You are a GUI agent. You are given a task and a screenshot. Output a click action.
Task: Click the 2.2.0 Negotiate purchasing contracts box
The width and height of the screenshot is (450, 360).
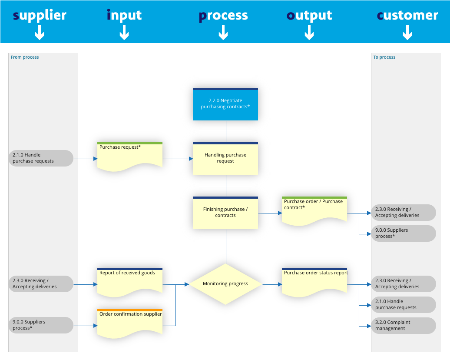click(x=225, y=104)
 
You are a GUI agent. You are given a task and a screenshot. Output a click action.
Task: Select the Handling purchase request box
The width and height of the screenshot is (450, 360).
click(x=225, y=159)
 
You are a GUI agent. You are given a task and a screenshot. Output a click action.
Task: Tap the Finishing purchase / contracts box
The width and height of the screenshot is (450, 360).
click(x=225, y=213)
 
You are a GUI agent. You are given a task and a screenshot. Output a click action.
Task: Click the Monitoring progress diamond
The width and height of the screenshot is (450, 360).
click(x=225, y=284)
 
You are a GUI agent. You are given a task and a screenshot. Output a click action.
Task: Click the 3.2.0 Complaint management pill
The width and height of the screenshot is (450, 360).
click(x=403, y=326)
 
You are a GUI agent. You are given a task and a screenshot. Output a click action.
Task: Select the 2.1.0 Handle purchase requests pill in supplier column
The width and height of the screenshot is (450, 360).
click(x=41, y=158)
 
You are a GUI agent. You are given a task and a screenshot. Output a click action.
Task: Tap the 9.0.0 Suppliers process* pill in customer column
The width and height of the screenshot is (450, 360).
click(x=403, y=233)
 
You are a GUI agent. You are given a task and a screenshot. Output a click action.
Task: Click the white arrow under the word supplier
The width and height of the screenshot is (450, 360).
click(x=40, y=33)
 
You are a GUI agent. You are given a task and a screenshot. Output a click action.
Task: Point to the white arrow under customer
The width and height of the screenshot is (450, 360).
click(x=407, y=33)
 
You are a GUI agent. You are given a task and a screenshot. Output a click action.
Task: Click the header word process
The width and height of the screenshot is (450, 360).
click(x=223, y=16)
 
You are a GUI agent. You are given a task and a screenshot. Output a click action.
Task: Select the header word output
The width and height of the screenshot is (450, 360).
click(x=309, y=16)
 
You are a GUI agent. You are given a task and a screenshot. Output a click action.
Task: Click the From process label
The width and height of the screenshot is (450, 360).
click(x=25, y=57)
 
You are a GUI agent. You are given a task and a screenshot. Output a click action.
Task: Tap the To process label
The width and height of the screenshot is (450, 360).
click(x=384, y=57)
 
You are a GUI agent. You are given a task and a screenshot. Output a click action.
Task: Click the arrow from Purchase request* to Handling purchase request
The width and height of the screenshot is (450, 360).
click(x=178, y=159)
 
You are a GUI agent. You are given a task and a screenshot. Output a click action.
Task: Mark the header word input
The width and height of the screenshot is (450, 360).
click(x=124, y=16)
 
